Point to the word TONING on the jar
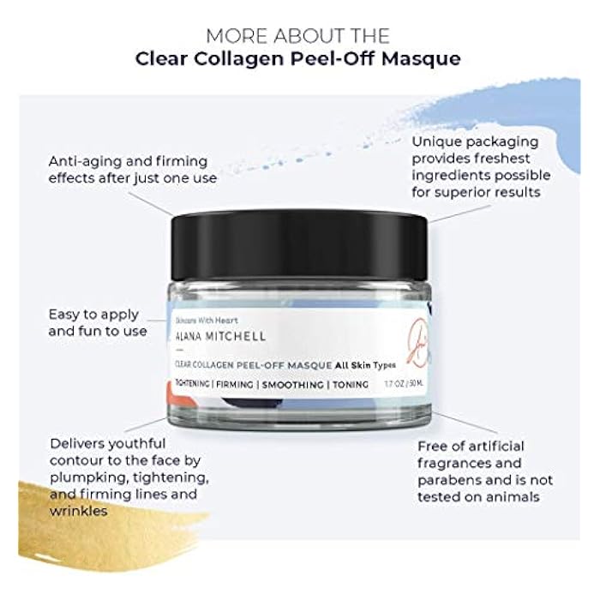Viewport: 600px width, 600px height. tap(350, 385)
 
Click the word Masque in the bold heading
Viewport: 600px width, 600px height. tap(419, 59)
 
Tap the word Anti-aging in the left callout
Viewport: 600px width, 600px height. tap(85, 160)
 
